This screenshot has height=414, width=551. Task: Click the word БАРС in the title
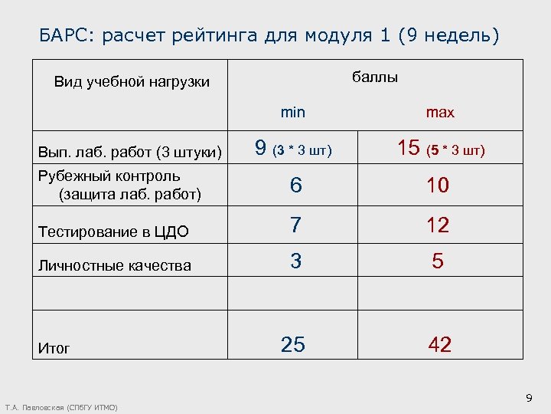[x=64, y=35]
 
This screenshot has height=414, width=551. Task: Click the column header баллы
[x=375, y=77]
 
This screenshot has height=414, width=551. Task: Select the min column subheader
[x=292, y=113]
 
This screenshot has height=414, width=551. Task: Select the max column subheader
[x=440, y=113]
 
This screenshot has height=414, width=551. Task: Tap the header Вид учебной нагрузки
[x=132, y=82]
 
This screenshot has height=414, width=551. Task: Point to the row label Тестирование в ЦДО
[x=113, y=231]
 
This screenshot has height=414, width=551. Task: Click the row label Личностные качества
[x=115, y=266]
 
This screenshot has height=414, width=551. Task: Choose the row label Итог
[x=54, y=348]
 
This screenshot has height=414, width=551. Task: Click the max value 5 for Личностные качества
[x=438, y=261]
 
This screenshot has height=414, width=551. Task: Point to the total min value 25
[x=293, y=345]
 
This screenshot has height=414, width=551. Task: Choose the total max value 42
[x=439, y=345]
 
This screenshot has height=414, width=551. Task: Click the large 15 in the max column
[x=409, y=148]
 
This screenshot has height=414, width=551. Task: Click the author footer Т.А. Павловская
[x=61, y=407]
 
